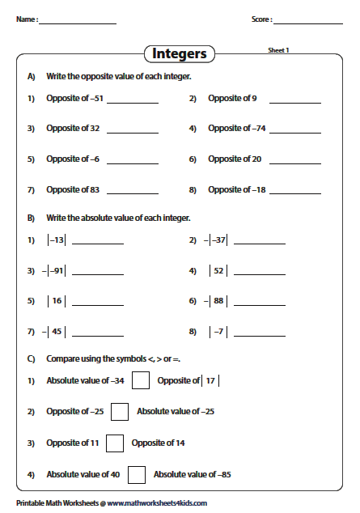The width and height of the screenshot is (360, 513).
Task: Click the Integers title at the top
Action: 180,54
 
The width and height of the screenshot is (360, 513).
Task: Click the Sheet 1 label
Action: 278,50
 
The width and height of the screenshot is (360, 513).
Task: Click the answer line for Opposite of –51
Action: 132,103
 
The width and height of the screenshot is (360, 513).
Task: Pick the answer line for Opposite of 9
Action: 294,103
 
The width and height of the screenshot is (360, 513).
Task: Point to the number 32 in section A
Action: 94,128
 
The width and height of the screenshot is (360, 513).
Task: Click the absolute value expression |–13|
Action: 56,240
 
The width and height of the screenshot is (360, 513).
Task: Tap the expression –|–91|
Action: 54,270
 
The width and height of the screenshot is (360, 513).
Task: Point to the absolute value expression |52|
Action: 218,270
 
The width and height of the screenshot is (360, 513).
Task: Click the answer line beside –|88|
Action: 259,305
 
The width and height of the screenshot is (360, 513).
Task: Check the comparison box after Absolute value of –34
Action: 141,380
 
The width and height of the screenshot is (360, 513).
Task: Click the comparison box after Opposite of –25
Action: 120,412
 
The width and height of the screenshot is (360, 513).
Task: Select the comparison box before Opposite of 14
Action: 115,443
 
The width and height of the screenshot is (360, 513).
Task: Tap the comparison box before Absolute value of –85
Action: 137,475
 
